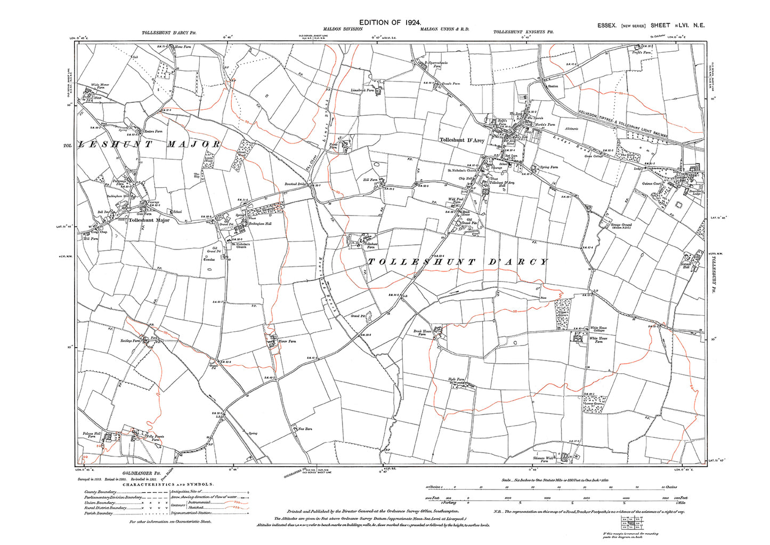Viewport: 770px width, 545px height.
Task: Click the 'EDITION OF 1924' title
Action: (390, 22)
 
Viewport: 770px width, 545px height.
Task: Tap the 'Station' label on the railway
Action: (553, 85)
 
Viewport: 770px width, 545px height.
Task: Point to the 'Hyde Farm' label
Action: (457, 380)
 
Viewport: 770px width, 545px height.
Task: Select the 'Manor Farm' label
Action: (288, 341)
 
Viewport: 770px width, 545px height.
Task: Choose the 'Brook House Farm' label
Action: (422, 333)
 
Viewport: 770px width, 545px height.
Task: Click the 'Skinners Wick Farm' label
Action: (544, 459)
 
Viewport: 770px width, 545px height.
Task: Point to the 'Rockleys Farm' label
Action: (130, 340)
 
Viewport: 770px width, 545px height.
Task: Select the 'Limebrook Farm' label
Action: (362, 90)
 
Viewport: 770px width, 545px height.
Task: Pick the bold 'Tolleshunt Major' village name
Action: (149, 220)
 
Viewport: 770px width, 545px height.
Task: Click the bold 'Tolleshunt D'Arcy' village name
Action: (462, 140)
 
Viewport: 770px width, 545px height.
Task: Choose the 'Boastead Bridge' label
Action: (296, 184)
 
